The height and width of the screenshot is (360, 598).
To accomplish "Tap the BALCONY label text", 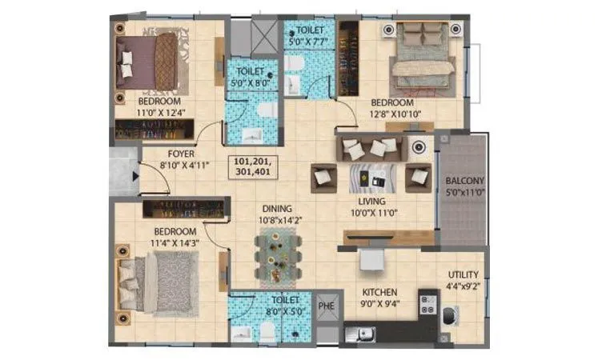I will click(x=461, y=181).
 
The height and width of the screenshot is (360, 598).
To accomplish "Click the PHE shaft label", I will click(x=325, y=305).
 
